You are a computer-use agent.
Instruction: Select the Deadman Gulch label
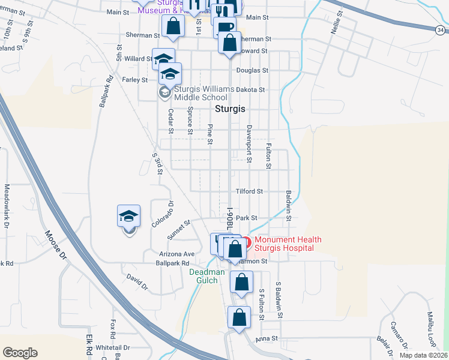click(207, 276)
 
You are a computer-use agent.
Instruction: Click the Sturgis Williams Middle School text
click(203, 93)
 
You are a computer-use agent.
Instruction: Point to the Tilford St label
click(250, 191)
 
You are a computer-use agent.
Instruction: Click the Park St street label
click(246, 218)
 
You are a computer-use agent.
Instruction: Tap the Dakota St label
click(250, 89)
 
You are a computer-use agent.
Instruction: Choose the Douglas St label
click(252, 70)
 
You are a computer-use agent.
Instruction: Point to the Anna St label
click(266, 338)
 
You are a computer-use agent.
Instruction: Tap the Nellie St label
click(336, 21)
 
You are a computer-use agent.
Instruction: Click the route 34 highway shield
click(441, 29)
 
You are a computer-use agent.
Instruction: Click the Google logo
click(20, 353)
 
